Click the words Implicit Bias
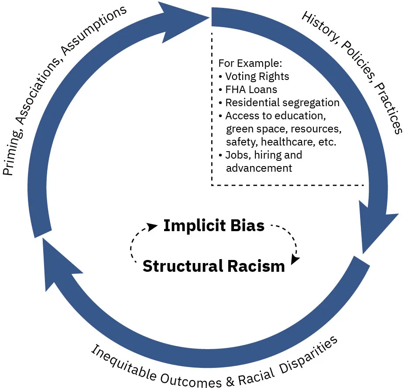point(214,226)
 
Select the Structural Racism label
point(214,266)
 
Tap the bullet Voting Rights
point(257,76)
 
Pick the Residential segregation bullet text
point(282,103)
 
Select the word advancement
point(259,168)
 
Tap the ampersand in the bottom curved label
point(230,381)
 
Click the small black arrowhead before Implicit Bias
point(152,226)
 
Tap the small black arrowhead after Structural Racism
point(295,259)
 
